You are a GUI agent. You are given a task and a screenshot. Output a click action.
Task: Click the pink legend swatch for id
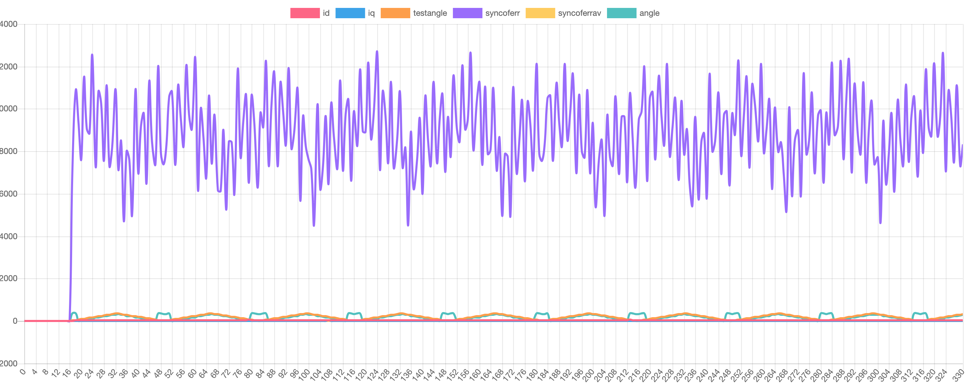click(305, 13)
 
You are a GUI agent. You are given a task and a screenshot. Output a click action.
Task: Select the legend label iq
click(371, 13)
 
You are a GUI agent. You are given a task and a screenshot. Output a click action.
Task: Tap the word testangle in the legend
click(430, 13)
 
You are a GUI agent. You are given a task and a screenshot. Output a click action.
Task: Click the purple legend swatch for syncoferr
click(467, 13)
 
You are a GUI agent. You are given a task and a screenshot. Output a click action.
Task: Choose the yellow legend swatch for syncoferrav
click(540, 13)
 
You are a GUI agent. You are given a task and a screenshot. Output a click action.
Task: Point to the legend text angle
click(649, 13)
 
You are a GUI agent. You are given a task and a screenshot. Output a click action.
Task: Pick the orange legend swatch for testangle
click(395, 13)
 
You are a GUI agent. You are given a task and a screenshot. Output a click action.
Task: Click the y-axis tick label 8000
click(8, 152)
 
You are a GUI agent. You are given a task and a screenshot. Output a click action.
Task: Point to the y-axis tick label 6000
click(8, 194)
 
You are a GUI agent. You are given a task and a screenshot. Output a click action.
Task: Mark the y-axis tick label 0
click(15, 321)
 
